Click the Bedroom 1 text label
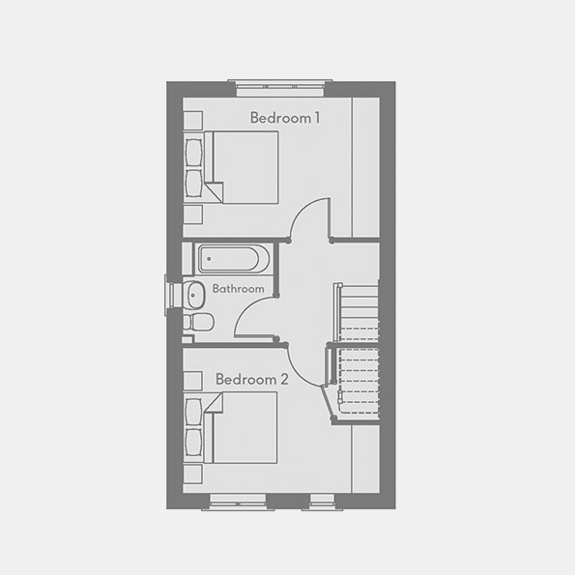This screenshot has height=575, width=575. [x=285, y=118]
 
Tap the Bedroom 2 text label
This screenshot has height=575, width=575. [x=251, y=379]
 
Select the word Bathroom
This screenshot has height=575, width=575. [x=238, y=289]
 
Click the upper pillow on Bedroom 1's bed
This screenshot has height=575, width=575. [x=195, y=151]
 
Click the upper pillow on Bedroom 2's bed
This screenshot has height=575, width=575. [x=195, y=413]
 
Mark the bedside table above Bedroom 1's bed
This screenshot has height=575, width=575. [x=192, y=120]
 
